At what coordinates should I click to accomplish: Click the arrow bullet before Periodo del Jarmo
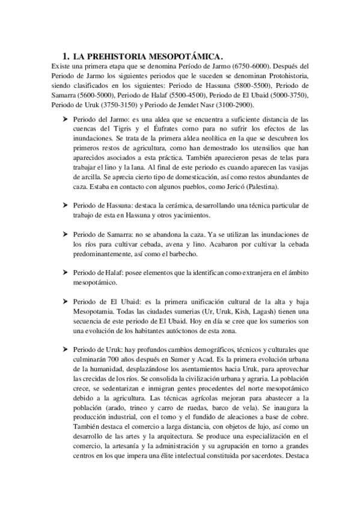[64, 120]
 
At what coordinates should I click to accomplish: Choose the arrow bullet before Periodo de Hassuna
[64, 204]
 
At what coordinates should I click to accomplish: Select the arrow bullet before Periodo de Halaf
[64, 271]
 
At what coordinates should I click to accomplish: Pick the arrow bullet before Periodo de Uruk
[64, 349]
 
